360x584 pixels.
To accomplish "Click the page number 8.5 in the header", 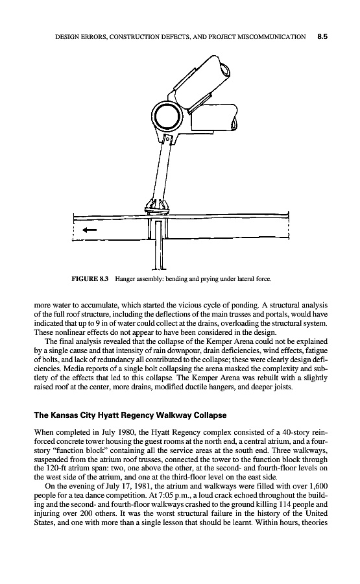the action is pos(322,36).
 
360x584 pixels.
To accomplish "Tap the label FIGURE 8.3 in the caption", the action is pos(90,278).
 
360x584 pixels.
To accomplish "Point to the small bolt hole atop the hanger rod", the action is pos(168,140).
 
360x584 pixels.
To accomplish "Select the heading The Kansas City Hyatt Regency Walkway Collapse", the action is pos(130,415).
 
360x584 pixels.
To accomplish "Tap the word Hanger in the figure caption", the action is pos(123,278).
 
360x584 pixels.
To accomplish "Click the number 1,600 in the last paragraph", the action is pos(319,486).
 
